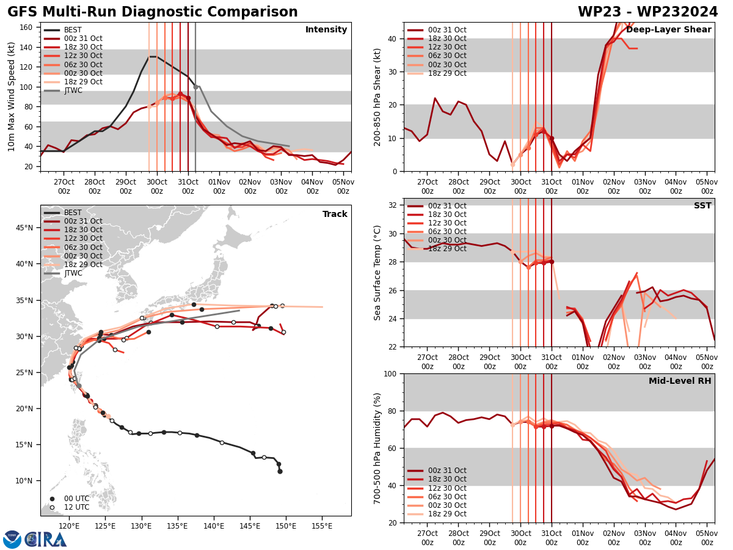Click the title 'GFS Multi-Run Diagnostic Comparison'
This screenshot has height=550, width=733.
153,12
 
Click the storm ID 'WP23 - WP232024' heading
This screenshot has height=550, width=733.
647,12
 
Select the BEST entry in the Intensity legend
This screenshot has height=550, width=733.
72,30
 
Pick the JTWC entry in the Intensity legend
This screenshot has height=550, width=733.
73,90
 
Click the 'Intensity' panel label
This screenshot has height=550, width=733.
326,30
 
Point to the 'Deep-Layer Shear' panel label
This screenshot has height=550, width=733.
668,30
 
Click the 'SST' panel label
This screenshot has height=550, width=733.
702,206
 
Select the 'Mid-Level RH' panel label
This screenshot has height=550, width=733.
680,381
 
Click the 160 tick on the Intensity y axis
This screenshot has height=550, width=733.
27,27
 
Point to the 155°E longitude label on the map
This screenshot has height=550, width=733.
323,526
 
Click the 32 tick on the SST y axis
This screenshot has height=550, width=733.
393,205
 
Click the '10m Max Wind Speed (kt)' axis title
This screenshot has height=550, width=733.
12,96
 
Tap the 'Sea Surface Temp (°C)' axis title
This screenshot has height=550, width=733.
377,272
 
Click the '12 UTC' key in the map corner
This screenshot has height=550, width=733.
73,507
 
